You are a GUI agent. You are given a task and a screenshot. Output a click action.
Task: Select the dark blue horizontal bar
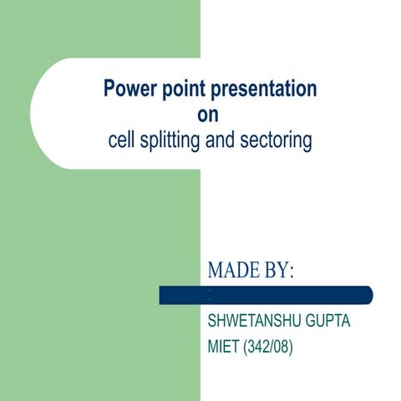tap(266, 295)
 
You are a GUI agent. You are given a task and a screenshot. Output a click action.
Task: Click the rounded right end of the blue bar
tap(368, 295)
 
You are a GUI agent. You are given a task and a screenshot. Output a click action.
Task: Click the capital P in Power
tap(109, 89)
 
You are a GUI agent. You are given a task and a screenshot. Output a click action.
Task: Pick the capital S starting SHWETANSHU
tap(211, 321)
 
